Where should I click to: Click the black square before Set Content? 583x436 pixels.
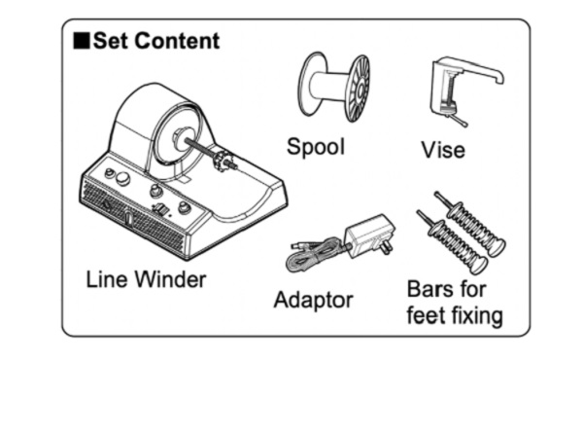coord(82,42)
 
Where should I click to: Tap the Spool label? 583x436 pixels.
coord(315,147)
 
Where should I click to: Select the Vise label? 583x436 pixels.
coord(442,150)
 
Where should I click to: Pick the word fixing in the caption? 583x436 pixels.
coord(474,315)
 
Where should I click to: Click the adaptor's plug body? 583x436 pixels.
coord(361,233)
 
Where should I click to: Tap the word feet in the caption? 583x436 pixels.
coord(429,315)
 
